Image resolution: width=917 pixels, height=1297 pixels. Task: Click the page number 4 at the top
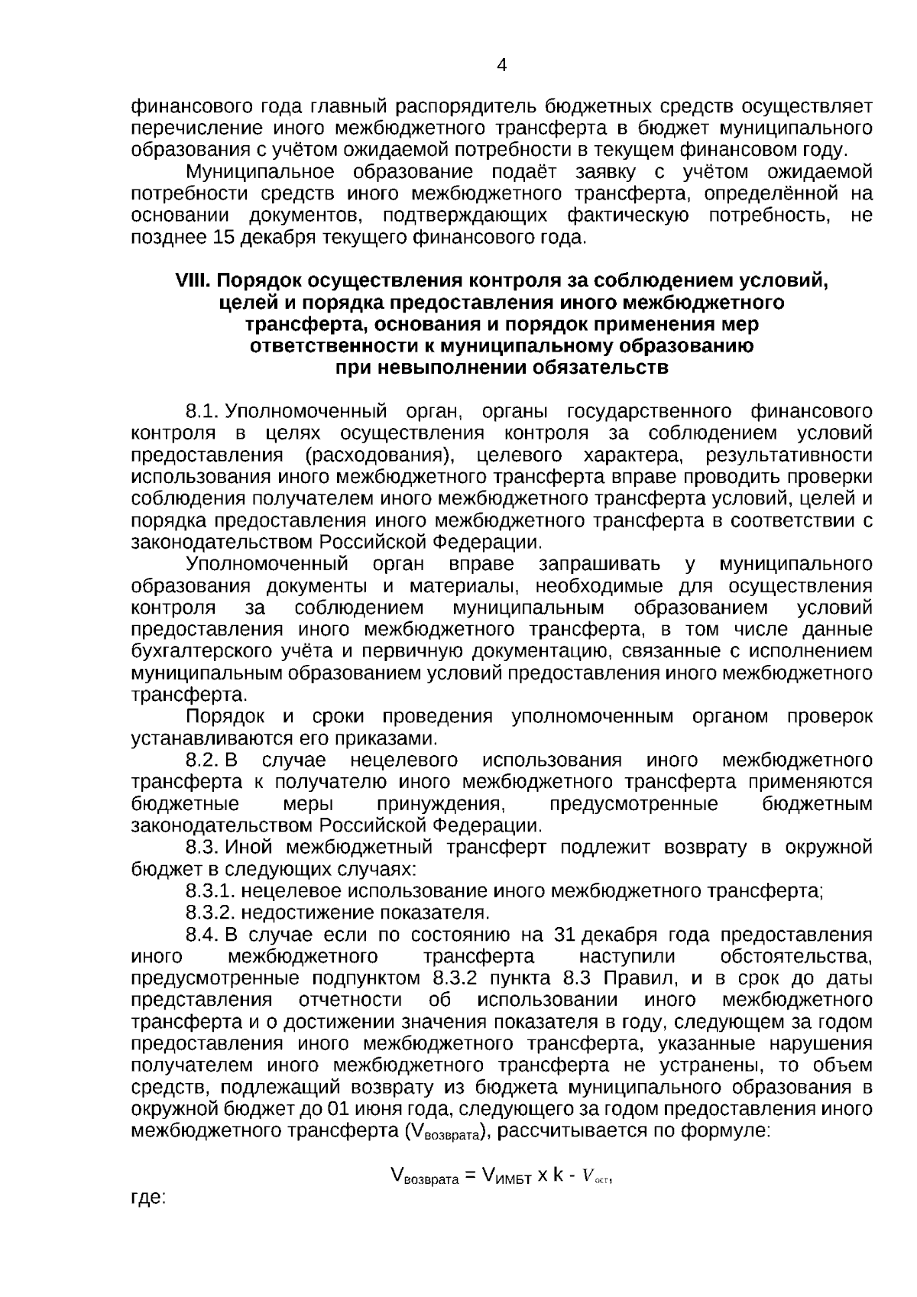(x=502, y=65)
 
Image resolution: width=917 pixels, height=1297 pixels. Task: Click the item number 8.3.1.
(x=209, y=891)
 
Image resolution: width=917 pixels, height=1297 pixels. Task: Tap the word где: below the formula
(x=148, y=1198)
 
